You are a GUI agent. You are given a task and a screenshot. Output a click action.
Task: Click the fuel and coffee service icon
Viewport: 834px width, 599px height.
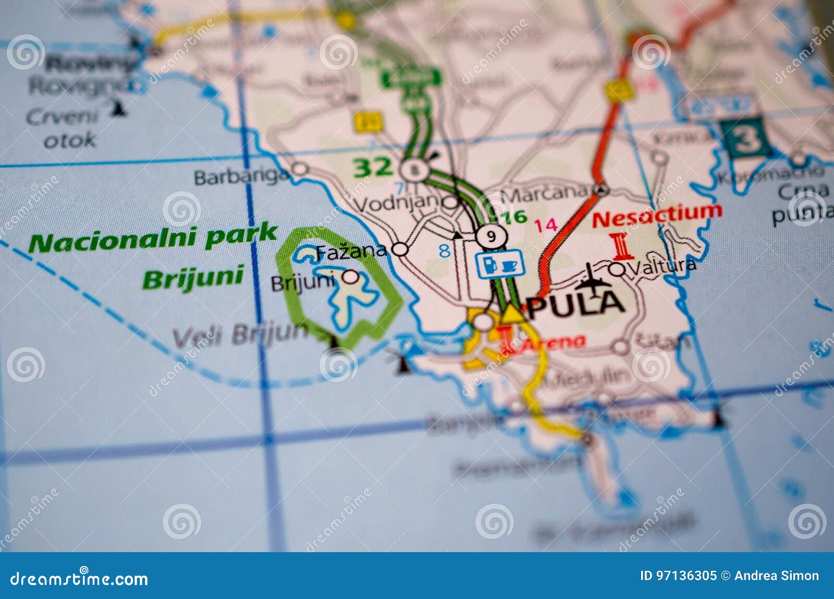point(499,264)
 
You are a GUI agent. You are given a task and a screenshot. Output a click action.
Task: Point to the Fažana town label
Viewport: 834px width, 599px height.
point(351,252)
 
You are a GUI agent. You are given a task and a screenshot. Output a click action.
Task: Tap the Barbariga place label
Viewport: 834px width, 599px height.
point(241,177)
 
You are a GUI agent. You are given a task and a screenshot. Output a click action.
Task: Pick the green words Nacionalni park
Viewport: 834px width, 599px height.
point(153,238)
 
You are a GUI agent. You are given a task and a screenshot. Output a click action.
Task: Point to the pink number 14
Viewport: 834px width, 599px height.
point(546,225)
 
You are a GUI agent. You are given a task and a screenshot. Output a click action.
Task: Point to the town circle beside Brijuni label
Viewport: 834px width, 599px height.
point(351,277)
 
